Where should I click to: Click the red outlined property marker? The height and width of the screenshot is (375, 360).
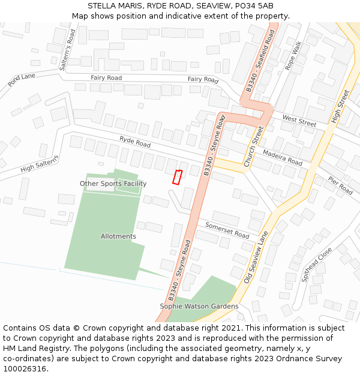click(x=177, y=177)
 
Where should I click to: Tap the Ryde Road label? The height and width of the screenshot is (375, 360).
click(x=135, y=142)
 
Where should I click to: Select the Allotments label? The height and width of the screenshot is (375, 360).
click(x=118, y=236)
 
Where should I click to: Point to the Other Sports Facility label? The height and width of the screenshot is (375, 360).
click(x=113, y=184)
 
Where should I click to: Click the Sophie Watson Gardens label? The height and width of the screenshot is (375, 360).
click(x=199, y=307)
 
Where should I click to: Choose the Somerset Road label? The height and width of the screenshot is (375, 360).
click(x=227, y=230)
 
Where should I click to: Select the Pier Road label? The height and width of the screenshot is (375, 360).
click(x=341, y=185)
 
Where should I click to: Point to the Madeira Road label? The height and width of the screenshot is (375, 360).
click(x=283, y=158)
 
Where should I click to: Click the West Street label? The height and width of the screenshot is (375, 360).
click(x=299, y=120)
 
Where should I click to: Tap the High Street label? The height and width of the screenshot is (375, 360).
click(x=341, y=107)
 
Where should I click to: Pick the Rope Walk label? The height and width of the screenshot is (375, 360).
click(x=294, y=56)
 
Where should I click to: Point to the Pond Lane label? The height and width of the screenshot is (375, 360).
click(x=22, y=80)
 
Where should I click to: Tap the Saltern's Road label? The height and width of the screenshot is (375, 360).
click(x=67, y=50)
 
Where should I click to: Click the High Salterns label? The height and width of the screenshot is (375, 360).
click(x=40, y=164)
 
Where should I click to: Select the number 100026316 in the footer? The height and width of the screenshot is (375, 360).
click(x=26, y=369)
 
